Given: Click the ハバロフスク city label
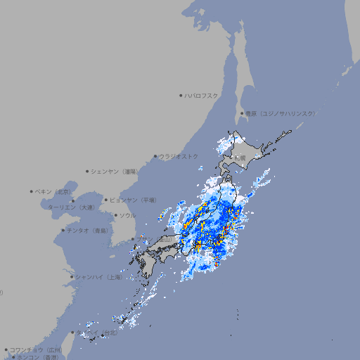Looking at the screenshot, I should [x=201, y=95].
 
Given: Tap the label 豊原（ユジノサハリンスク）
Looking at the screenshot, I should [x=280, y=113].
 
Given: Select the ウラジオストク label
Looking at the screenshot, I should [x=179, y=156].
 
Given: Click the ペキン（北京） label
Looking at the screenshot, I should [x=54, y=191].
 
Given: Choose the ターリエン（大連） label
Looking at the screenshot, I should [x=71, y=207].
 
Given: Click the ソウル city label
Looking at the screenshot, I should [x=127, y=215].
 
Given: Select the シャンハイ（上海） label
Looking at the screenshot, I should [x=98, y=277].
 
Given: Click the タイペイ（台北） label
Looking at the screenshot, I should [x=98, y=332].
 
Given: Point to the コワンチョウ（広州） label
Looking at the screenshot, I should [x=35, y=349].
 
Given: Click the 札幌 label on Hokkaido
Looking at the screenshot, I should [x=240, y=158].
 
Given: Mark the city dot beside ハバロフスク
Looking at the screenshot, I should [x=181, y=95].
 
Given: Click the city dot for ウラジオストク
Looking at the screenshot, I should [x=156, y=156].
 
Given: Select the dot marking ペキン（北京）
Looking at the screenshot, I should [x=32, y=191].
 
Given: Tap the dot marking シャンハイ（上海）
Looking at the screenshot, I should [x=72, y=277].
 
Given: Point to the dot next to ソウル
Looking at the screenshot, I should [x=115, y=215].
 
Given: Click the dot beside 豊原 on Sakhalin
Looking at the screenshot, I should [x=242, y=113].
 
